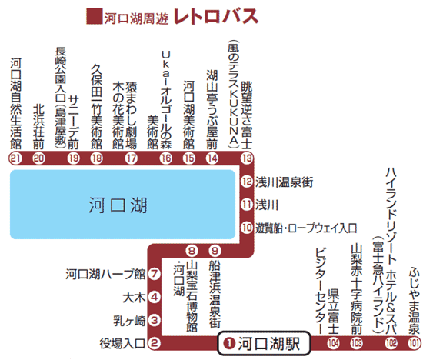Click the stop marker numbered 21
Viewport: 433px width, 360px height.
click(x=15, y=158)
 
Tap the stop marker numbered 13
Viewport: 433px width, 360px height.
click(x=247, y=158)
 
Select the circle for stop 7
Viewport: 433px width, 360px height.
click(x=155, y=274)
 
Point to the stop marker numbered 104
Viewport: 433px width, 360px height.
click(x=333, y=343)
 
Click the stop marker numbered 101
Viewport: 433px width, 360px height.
click(x=415, y=343)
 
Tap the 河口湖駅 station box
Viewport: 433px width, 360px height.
click(x=264, y=343)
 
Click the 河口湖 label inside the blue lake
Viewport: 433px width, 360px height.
click(x=118, y=205)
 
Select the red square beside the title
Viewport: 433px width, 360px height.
click(x=94, y=16)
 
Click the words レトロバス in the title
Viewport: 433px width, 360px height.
click(x=216, y=16)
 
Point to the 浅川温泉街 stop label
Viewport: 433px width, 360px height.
click(x=284, y=182)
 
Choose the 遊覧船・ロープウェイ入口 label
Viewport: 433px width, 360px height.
click(x=306, y=228)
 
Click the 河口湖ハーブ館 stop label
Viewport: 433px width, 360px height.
click(x=105, y=274)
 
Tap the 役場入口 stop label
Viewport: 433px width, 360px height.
click(x=122, y=343)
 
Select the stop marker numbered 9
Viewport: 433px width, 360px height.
click(x=215, y=251)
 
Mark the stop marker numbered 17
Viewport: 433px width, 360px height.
click(x=132, y=158)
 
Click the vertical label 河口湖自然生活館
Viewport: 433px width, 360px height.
click(x=15, y=103)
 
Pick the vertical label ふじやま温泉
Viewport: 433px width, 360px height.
click(x=415, y=301)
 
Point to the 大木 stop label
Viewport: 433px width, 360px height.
click(x=134, y=298)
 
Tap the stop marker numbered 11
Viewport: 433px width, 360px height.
click(x=247, y=205)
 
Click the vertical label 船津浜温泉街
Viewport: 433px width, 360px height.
click(x=215, y=294)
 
